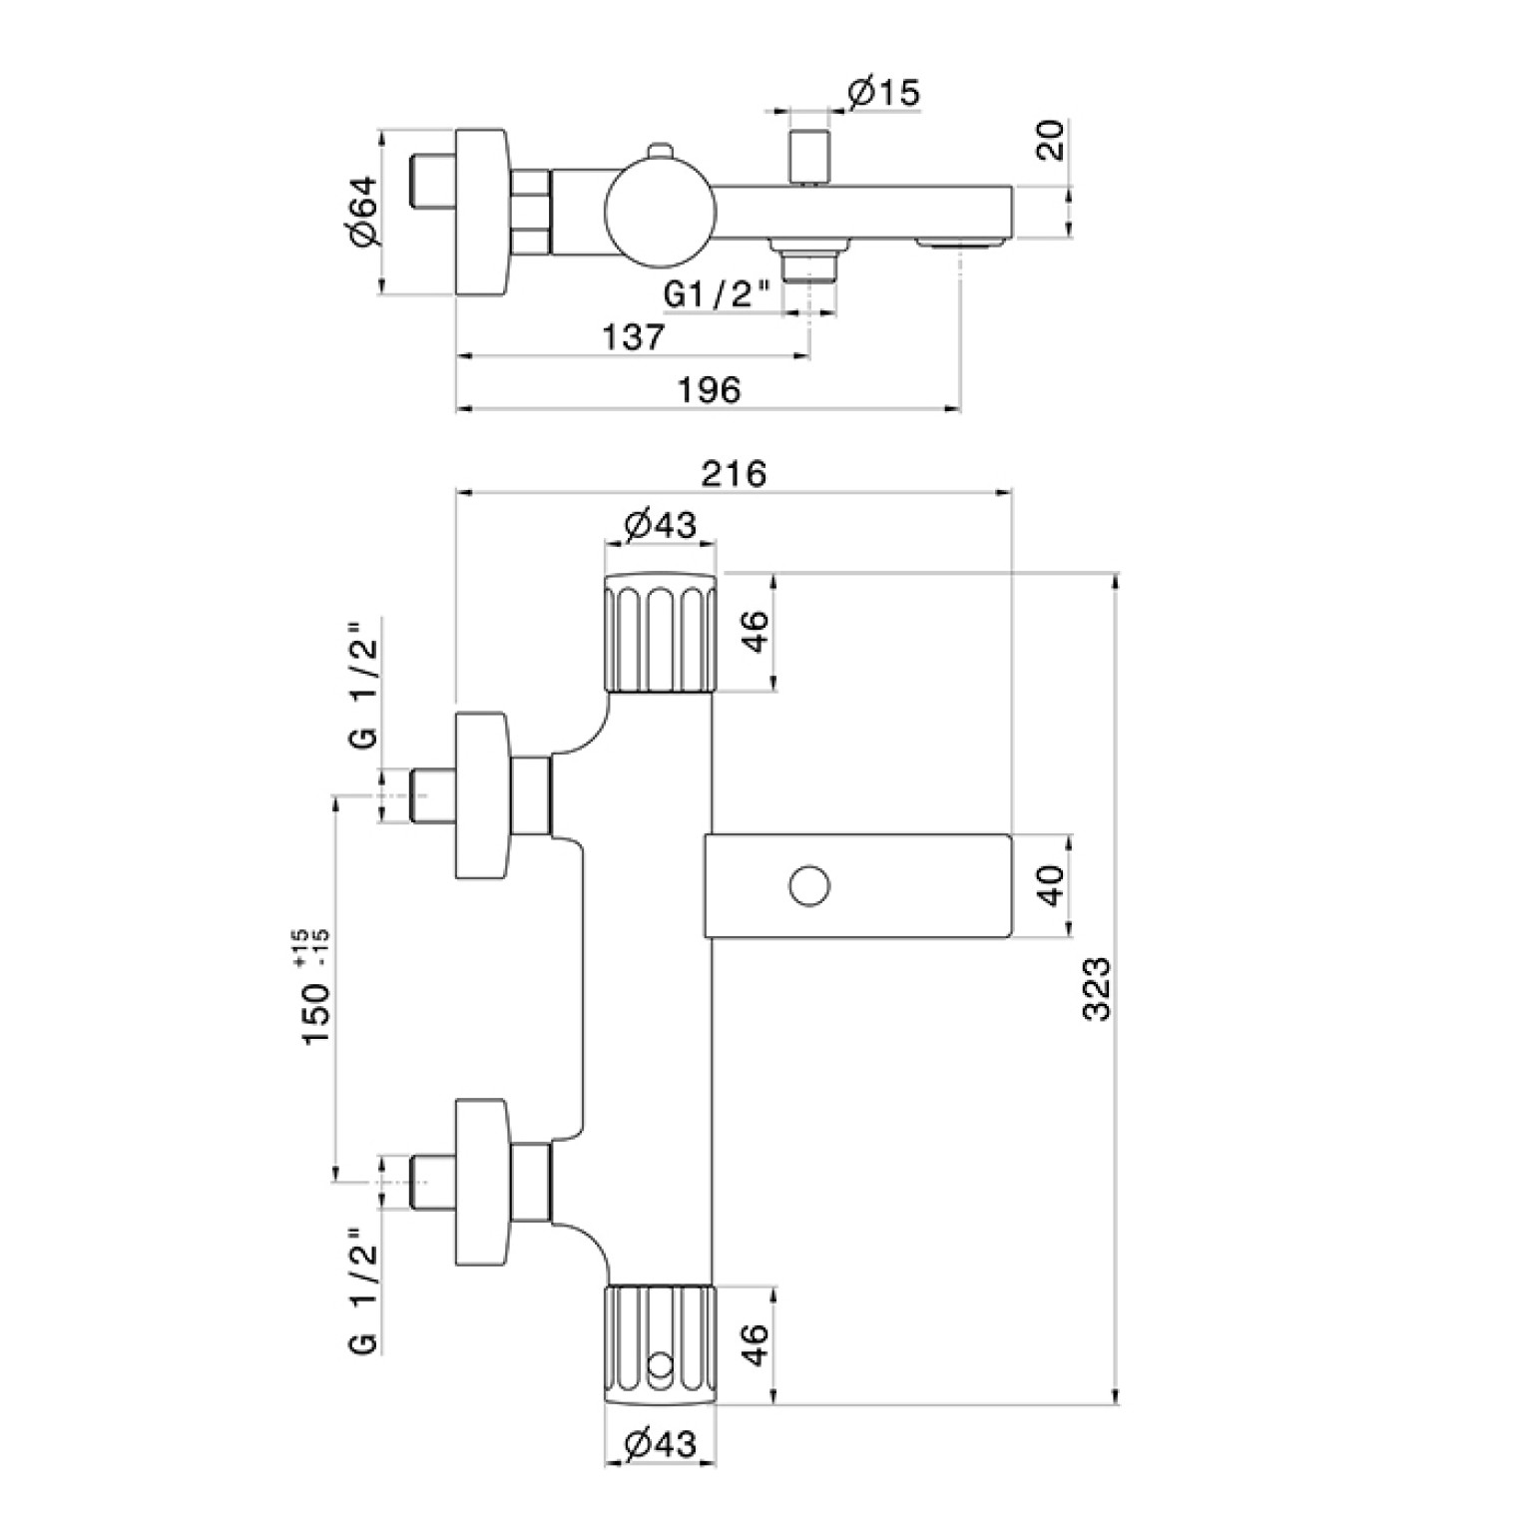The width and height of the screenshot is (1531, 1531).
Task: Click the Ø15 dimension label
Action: [x=884, y=93]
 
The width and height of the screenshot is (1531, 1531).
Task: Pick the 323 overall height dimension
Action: [x=1096, y=988]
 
